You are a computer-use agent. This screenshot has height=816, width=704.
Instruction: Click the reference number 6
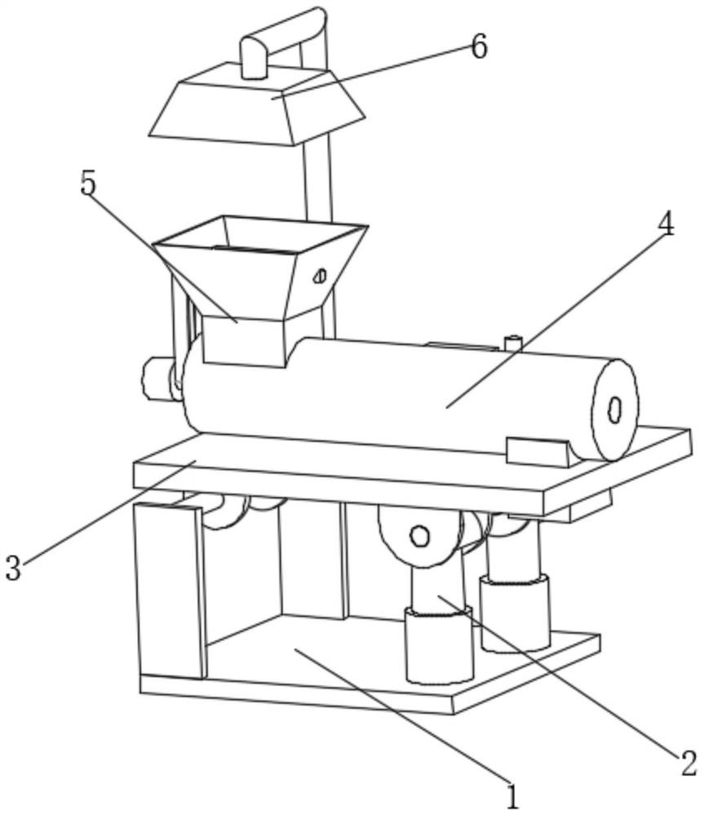[x=479, y=47]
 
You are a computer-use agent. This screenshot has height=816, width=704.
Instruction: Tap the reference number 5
[x=88, y=184]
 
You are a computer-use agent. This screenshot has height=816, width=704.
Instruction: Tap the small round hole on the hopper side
[x=321, y=276]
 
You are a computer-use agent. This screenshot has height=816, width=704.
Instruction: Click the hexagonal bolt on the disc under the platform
[x=419, y=535]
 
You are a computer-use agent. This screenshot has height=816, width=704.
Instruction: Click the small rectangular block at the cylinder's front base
[x=538, y=450]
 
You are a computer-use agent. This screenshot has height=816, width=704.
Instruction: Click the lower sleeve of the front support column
[x=439, y=645]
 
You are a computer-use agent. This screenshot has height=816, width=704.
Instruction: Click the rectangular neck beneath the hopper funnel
[x=243, y=341]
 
